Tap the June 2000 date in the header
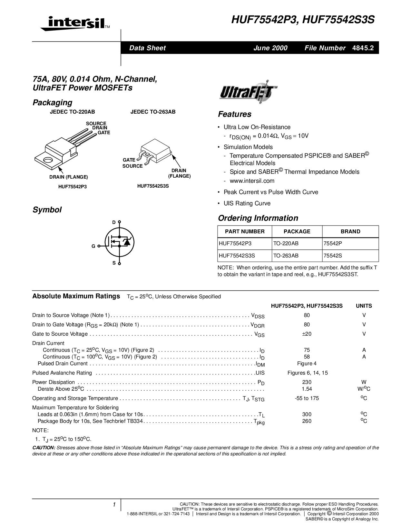coord(270,48)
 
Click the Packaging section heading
coord(52,103)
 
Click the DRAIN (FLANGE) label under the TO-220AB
coord(68,177)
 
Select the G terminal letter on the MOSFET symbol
coord(93,246)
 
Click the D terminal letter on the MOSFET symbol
coord(113,222)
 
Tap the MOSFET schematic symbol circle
coord(120,242)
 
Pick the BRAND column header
coord(350,232)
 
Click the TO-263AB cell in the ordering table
coord(286,256)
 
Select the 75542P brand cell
coord(332,244)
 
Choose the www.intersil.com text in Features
coord(252,181)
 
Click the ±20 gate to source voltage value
coord(307,334)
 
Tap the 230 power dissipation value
coord(307,382)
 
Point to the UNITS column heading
coord(364,306)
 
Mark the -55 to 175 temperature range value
coord(307,398)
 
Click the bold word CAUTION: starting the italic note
coord(44,448)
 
